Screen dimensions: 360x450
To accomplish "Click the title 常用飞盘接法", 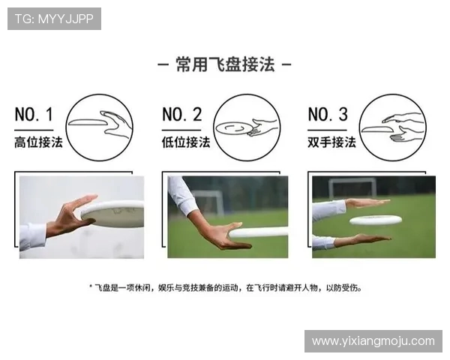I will [224, 65].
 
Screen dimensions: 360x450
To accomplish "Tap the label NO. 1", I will [34, 115].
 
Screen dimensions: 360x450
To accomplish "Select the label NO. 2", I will [182, 115].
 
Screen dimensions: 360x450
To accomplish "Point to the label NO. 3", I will [328, 115].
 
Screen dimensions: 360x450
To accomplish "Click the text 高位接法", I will [38, 142].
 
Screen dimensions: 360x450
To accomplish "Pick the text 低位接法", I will [186, 142].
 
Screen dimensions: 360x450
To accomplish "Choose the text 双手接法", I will [331, 142].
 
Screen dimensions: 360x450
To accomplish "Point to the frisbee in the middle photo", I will [259, 232].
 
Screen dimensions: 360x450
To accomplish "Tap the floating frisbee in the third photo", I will [375, 220].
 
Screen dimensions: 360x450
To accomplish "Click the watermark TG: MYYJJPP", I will [54, 19].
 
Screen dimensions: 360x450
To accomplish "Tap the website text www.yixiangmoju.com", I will [373, 340].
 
